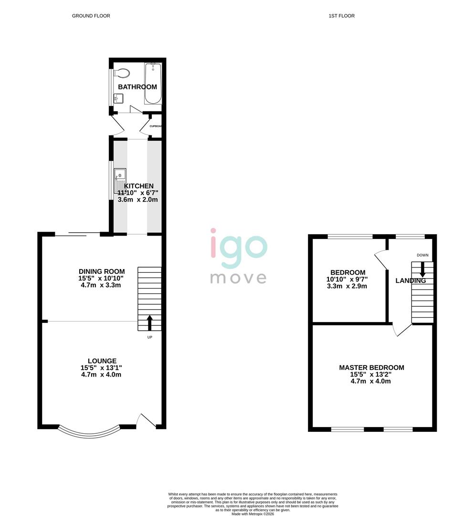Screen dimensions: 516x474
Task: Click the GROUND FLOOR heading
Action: pyautogui.click(x=91, y=16)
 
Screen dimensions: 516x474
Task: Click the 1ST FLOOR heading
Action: pyautogui.click(x=341, y=16)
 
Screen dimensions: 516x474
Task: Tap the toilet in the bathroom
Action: pyautogui.click(x=123, y=74)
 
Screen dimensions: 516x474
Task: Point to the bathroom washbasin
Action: pyautogui.click(x=118, y=98)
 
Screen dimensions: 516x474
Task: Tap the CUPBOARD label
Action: pyautogui.click(x=156, y=126)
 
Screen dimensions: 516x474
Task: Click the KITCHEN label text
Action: pyautogui.click(x=139, y=186)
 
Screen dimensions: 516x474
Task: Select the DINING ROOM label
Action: pyautogui.click(x=102, y=271)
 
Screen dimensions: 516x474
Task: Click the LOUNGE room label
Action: pyautogui.click(x=102, y=361)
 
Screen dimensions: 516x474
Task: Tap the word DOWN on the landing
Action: pyautogui.click(x=422, y=255)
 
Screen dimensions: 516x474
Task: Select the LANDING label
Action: pyautogui.click(x=411, y=281)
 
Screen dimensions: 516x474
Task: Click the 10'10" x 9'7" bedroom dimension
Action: pyautogui.click(x=346, y=279)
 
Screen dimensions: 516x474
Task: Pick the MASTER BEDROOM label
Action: pyautogui.click(x=371, y=367)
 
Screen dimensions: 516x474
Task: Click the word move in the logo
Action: pyautogui.click(x=238, y=278)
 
